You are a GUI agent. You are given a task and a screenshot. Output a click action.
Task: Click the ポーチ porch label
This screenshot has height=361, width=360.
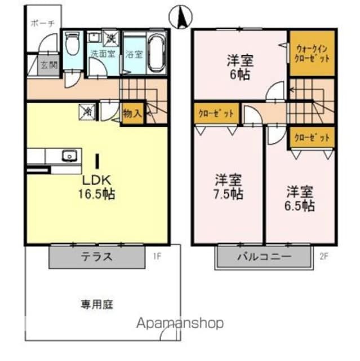(x=42, y=24)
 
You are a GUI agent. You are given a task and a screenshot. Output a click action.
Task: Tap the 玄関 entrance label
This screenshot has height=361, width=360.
(x=49, y=65)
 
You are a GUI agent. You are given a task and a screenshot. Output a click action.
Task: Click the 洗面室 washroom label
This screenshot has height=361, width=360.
(x=103, y=55)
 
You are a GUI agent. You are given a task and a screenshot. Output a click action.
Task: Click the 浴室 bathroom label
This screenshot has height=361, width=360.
(x=134, y=55)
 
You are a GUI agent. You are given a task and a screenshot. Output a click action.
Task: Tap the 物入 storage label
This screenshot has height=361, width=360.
(x=132, y=113)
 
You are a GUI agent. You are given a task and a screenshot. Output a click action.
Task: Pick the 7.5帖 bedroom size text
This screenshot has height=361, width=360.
(x=229, y=195)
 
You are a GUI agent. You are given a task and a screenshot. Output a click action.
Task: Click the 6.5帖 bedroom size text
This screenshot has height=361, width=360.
(x=300, y=206)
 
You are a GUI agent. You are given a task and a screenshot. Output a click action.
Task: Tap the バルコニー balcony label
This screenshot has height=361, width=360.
(x=264, y=257)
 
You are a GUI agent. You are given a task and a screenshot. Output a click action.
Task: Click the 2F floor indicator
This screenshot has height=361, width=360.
(x=323, y=257)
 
